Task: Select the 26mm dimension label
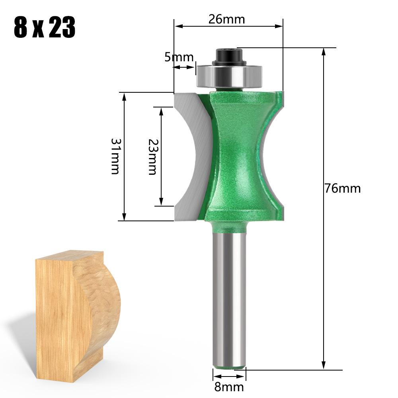click(x=226, y=19)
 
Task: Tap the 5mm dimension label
click(x=179, y=57)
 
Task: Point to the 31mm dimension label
click(x=115, y=156)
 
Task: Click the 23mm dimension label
click(x=152, y=156)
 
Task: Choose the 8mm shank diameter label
click(x=229, y=386)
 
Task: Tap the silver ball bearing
click(x=229, y=75)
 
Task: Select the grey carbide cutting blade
click(x=189, y=155)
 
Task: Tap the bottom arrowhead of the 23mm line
click(x=161, y=202)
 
